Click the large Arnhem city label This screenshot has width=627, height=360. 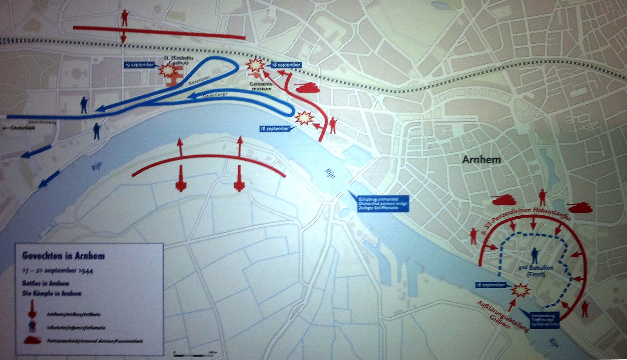tap(482, 160)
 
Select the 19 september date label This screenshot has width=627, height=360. tap(139, 65)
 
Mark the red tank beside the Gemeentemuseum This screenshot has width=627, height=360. tap(308, 87)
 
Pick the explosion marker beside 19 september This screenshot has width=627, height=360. tap(167, 70)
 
